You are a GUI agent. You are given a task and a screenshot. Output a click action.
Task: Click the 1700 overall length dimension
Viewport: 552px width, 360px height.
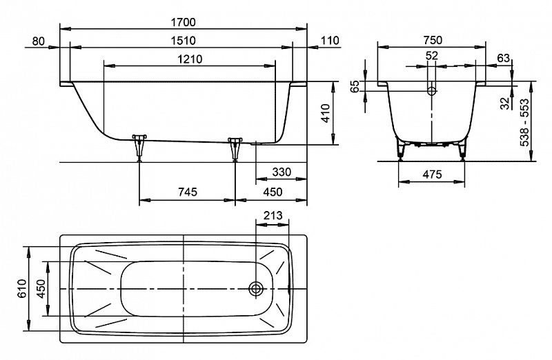(183, 21)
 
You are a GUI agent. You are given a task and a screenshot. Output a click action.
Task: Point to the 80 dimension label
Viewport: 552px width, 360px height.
(38, 41)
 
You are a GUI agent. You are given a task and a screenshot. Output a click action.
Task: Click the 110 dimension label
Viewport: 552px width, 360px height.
(331, 41)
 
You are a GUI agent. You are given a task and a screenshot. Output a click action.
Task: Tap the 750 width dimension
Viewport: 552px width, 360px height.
(431, 40)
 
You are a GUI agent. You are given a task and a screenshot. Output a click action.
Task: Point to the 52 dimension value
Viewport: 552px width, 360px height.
(432, 55)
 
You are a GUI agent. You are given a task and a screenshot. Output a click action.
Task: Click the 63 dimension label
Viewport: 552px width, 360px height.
(504, 57)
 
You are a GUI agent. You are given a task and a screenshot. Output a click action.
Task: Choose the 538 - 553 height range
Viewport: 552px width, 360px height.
(525, 125)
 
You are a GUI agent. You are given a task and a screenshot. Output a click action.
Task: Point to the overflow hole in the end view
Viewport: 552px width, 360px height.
(432, 90)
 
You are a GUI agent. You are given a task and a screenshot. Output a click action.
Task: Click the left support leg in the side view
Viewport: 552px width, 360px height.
(140, 143)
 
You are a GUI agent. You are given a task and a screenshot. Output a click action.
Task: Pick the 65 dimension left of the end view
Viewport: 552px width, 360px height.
(355, 88)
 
